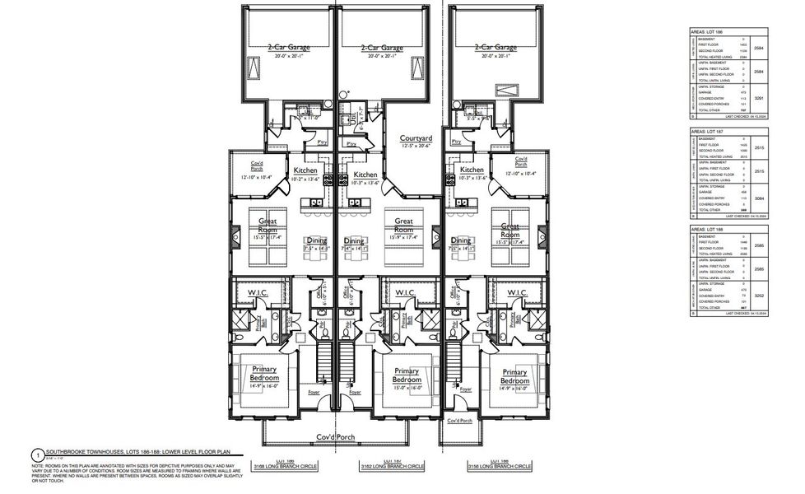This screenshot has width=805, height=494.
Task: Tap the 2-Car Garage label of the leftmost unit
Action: click(289, 49)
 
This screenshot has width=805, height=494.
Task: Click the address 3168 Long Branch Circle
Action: click(299, 466)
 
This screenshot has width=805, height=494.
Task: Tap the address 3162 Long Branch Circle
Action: click(393, 466)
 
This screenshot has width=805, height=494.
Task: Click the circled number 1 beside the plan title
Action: click(37, 452)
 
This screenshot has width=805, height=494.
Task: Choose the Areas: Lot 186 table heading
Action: click(707, 30)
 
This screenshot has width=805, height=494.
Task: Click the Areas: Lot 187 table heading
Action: click(707, 131)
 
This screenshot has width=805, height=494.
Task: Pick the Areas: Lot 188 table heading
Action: click(707, 229)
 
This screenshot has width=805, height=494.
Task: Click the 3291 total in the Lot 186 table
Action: click(758, 98)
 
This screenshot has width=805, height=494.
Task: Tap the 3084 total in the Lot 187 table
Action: click(758, 198)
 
